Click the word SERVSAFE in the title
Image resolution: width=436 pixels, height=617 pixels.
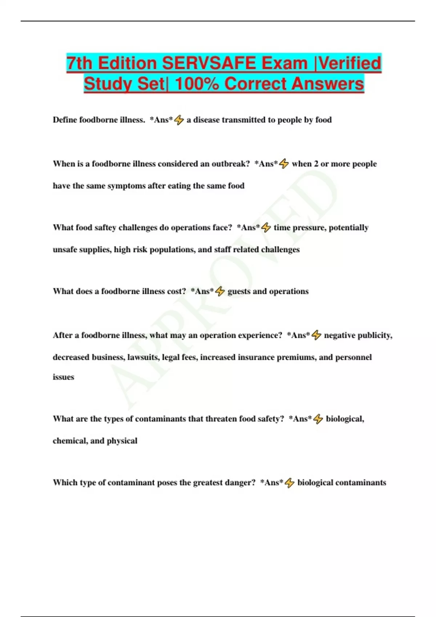coord(209,63)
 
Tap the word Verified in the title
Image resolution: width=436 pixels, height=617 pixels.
coord(350,63)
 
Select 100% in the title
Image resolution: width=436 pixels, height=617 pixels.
coord(197,84)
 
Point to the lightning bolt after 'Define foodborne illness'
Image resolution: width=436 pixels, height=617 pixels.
coord(179,120)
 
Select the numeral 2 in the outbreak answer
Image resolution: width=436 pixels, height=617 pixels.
coord(316,164)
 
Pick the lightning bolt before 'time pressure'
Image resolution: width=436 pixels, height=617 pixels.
coord(266,228)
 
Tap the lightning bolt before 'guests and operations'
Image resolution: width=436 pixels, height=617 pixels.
coord(220,291)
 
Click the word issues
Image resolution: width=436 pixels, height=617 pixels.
coord(63,377)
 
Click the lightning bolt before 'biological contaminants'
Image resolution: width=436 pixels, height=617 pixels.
coord(290,483)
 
